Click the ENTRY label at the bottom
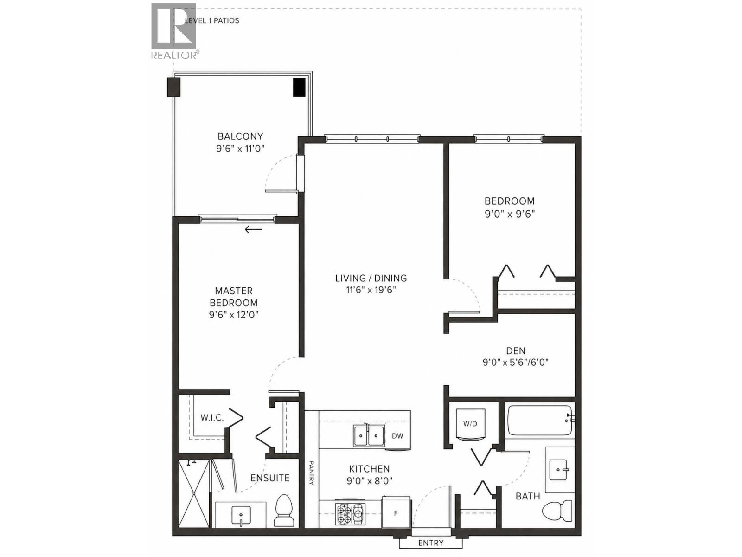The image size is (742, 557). coord(430,543)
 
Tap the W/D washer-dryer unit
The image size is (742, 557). coord(470,424)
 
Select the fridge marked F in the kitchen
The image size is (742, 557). coord(396,512)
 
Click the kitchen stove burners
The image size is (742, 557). coord(351,514)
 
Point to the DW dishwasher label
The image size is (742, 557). coord(397,436)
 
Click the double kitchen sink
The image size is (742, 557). coord(369,436)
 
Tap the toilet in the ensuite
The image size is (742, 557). coord(284,511)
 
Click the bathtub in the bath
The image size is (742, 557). coord(539,420)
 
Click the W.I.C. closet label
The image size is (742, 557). coord(212,418)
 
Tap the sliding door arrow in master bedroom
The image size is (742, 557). coord(253,229)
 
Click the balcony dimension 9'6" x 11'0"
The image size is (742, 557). coord(240,149)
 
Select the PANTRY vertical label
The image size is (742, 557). coord(312,473)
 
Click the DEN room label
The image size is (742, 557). coord(516,351)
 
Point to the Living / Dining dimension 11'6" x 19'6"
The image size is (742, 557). coord(371,291)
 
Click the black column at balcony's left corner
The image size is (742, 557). coord(173,87)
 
